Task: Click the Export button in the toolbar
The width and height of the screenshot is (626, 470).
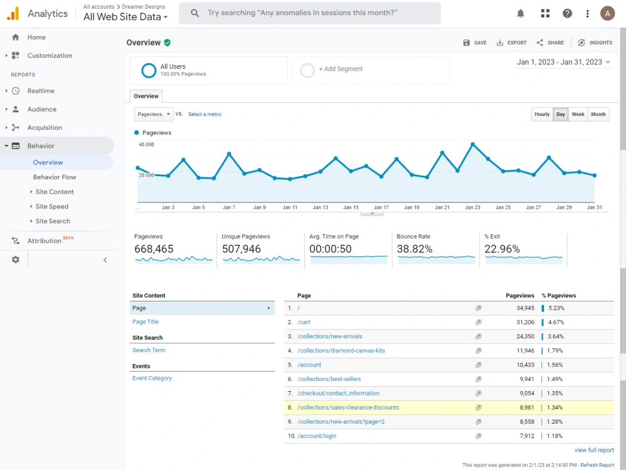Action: pos(511,43)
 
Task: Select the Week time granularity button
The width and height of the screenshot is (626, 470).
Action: pos(578,114)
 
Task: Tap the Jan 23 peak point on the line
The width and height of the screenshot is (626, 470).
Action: pos(473,144)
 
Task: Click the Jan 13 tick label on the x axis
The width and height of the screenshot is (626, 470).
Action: pos(320,207)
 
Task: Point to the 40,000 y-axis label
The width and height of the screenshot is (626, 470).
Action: pos(146,145)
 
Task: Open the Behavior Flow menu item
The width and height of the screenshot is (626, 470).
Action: pos(54,177)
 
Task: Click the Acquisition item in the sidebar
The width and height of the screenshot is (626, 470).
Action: pos(44,127)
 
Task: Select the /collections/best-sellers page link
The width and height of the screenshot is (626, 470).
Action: pos(329,379)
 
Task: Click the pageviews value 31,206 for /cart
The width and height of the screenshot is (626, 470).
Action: pos(525,322)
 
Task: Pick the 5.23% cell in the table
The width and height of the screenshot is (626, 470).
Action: pos(556,308)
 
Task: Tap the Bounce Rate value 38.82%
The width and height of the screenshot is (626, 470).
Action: pos(414,249)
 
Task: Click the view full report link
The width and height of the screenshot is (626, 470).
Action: pos(594,450)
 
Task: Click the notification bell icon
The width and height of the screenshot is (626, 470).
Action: pos(521,14)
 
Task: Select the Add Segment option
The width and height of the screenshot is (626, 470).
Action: pos(341,69)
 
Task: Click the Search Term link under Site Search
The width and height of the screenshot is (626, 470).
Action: pos(149,350)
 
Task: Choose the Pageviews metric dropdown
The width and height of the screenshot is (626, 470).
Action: pos(154,114)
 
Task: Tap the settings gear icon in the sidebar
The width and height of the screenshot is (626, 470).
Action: pos(16,260)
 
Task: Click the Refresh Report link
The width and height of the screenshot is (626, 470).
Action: pos(597,465)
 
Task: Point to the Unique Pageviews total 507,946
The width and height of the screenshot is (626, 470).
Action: pos(241,249)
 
